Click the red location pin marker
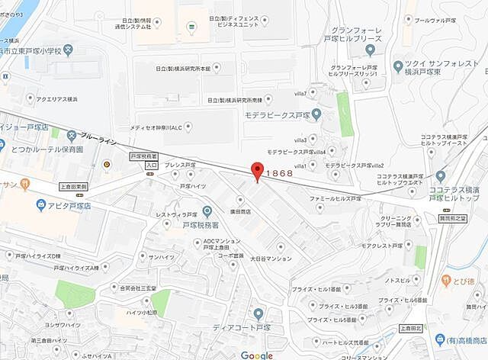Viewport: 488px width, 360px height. click(258, 172)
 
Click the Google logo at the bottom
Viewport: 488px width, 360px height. click(256, 355)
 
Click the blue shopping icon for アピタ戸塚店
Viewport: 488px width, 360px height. click(40, 204)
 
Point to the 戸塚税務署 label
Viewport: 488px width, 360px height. click(201, 225)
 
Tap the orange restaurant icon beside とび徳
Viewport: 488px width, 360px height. click(445, 281)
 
